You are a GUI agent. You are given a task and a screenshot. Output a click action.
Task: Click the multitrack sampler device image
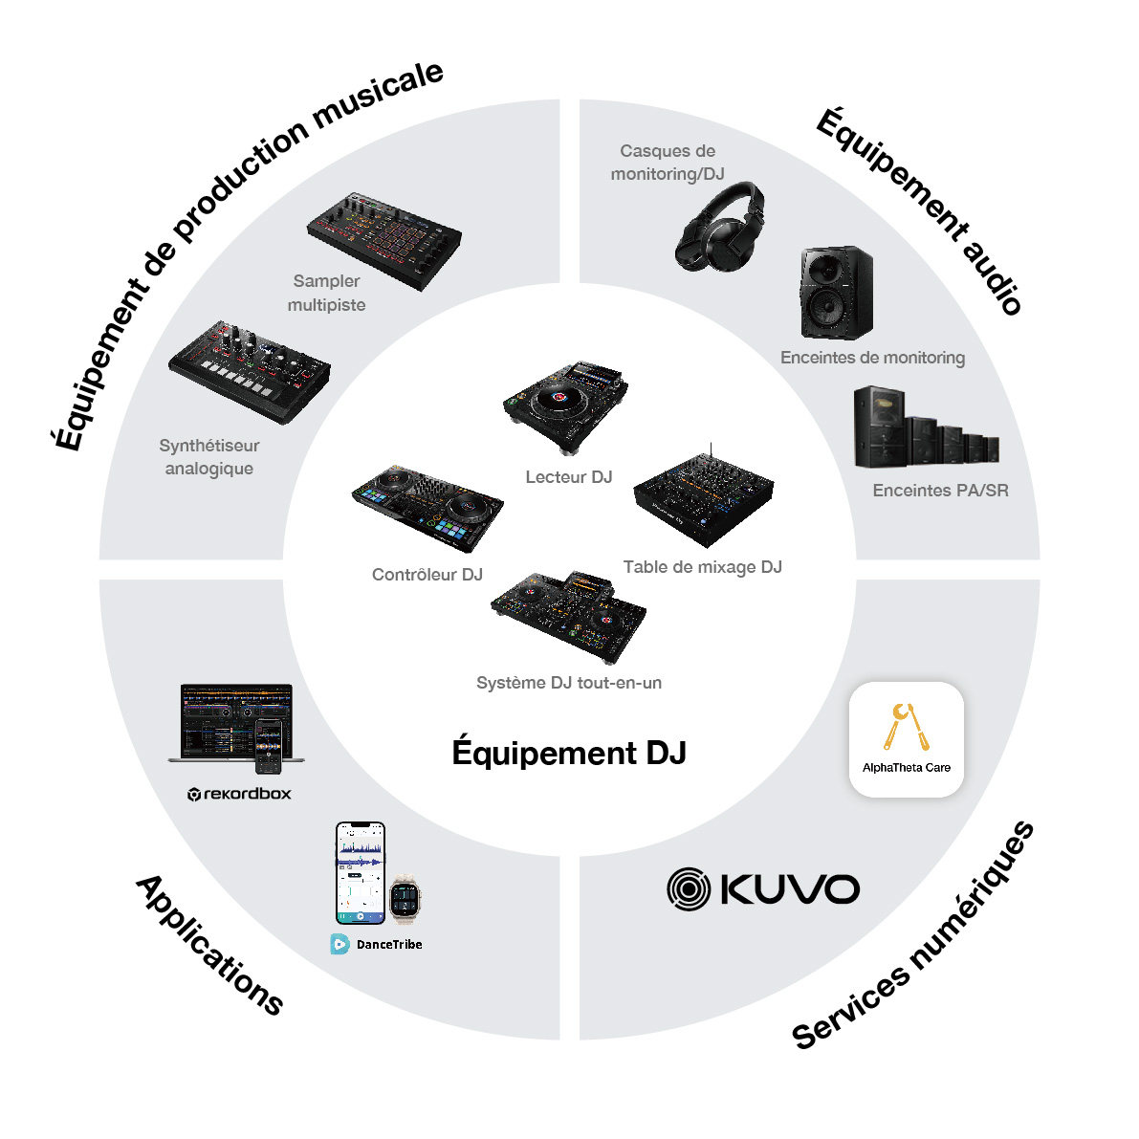tap(384, 240)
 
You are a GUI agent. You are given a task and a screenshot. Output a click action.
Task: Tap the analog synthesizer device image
tap(250, 372)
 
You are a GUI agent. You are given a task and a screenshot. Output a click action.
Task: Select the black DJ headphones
tap(720, 228)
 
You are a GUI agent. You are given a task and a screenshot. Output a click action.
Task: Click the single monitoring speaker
tap(836, 293)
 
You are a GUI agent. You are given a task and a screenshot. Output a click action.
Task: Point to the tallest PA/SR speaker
tap(880, 427)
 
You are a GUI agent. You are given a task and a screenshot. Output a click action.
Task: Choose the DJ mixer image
tap(703, 497)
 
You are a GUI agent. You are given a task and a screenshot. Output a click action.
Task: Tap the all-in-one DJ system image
tap(568, 616)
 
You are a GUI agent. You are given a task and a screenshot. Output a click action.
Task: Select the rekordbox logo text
tap(240, 794)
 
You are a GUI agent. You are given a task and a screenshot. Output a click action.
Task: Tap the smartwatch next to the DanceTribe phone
tap(405, 900)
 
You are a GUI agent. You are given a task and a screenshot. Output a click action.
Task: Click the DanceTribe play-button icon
tap(340, 944)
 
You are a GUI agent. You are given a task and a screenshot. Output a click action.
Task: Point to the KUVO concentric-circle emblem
tap(689, 889)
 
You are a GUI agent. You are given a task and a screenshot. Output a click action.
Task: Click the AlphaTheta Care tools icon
tap(906, 727)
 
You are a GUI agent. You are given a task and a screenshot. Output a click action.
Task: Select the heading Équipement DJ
tap(569, 752)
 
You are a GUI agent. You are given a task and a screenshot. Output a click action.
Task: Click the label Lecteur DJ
tap(569, 477)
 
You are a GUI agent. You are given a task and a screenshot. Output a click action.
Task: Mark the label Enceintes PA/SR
tap(941, 491)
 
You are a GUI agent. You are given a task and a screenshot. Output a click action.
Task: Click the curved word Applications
tap(210, 944)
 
